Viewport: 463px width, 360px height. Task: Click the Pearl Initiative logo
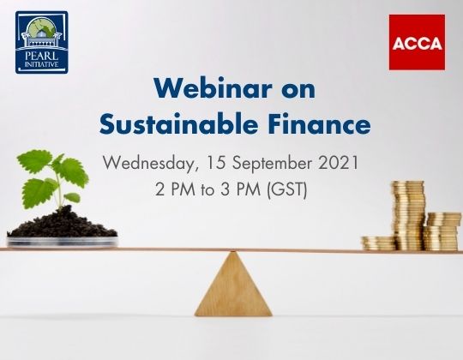[41, 42]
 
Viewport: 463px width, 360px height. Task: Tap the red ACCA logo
[417, 41]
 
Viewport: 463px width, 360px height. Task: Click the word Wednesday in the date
[147, 162]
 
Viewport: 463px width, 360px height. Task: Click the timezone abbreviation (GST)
[288, 189]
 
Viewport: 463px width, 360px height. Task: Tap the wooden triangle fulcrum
[231, 285]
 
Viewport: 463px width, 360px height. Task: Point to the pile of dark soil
[62, 225]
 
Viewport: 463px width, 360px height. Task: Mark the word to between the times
[212, 189]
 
